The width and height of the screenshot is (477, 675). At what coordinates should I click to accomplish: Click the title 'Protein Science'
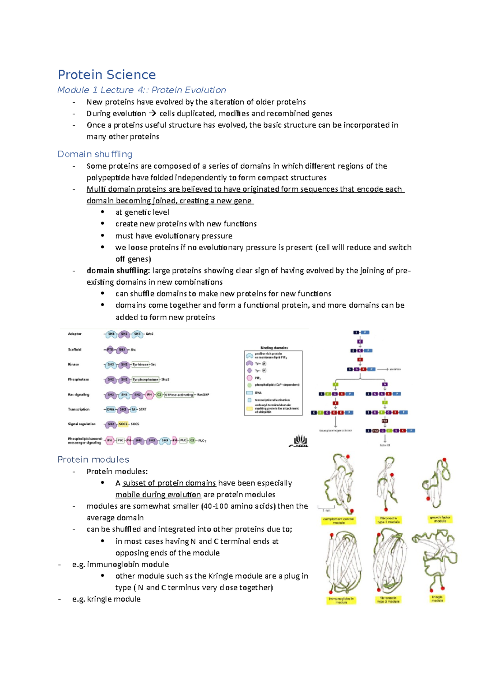[107, 75]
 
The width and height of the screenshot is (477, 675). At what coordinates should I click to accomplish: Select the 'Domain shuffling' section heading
[95, 154]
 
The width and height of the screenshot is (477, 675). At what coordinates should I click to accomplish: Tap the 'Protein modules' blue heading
[93, 460]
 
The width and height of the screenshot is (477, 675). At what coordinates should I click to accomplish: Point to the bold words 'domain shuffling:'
[118, 271]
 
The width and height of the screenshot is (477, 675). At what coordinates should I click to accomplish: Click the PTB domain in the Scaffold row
[110, 350]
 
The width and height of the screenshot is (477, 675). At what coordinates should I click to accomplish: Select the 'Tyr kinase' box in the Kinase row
[141, 365]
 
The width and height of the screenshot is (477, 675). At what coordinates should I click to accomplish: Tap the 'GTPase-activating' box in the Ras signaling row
[179, 395]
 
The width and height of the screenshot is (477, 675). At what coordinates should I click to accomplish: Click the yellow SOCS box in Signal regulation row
[124, 424]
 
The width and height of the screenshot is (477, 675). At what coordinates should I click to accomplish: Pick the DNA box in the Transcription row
[111, 409]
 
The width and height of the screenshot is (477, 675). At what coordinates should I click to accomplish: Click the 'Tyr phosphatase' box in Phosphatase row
[145, 380]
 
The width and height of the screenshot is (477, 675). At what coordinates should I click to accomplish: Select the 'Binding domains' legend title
[274, 348]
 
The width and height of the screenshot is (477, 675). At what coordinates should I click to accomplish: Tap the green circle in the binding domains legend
[249, 385]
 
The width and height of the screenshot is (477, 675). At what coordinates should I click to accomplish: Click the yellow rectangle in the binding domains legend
[249, 408]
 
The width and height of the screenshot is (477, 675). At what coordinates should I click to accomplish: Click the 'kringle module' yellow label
[437, 599]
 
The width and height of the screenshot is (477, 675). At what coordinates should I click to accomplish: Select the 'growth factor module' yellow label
[440, 519]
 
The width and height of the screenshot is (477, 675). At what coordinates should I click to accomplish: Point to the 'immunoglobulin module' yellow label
[341, 600]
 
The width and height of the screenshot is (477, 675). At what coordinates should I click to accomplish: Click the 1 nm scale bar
[326, 507]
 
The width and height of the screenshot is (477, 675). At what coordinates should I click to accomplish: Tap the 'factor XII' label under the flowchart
[385, 445]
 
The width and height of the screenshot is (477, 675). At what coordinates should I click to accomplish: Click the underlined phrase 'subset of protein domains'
[169, 483]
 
